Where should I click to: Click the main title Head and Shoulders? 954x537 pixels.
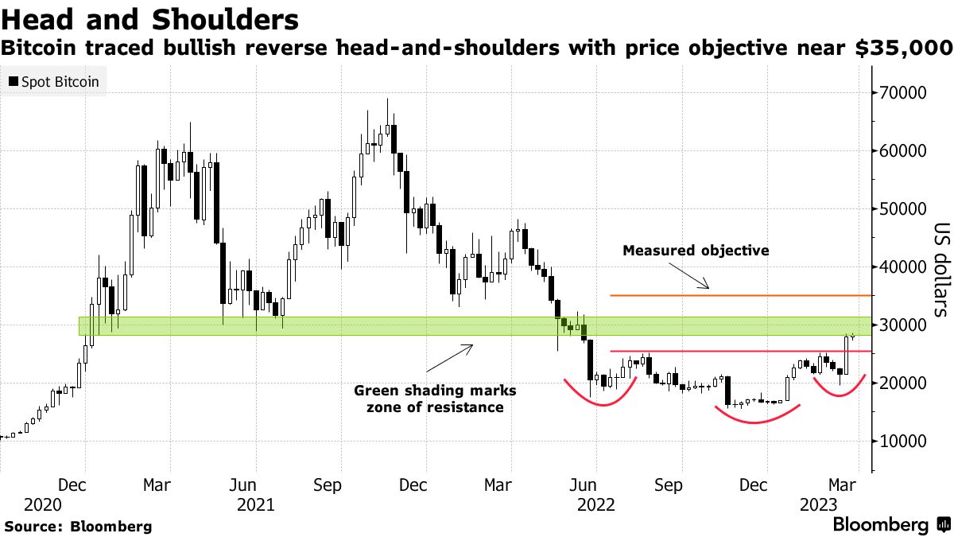coord(150,19)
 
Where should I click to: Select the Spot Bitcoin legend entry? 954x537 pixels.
coord(54,82)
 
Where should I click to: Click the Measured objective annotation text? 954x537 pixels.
coord(696,251)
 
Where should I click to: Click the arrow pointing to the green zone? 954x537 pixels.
coord(450,358)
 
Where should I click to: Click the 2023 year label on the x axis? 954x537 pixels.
coord(817,505)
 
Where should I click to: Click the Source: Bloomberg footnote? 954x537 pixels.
coord(78,526)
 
